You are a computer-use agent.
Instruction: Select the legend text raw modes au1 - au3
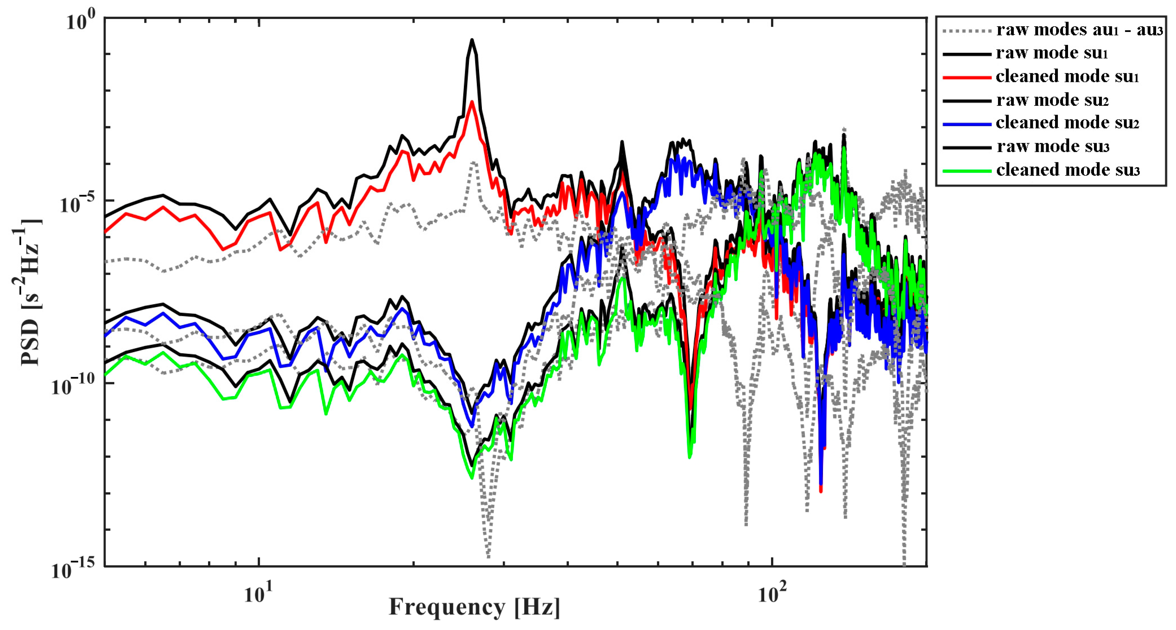(1079, 30)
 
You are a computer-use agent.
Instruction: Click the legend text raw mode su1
(1052, 53)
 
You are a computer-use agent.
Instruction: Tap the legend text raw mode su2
(1052, 99)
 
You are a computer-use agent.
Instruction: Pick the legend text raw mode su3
(1053, 147)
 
